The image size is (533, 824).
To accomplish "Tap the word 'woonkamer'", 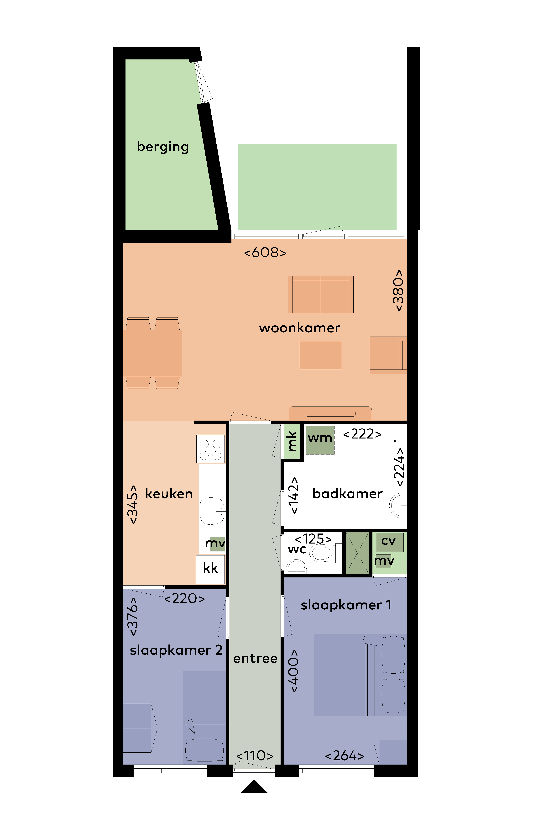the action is tap(299, 328).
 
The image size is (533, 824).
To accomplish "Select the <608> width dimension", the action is tap(265, 253).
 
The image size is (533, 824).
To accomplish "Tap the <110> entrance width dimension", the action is tap(255, 756).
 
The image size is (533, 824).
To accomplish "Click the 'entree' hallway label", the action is tap(255, 658).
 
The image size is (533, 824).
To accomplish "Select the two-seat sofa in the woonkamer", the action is tap(320, 295).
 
